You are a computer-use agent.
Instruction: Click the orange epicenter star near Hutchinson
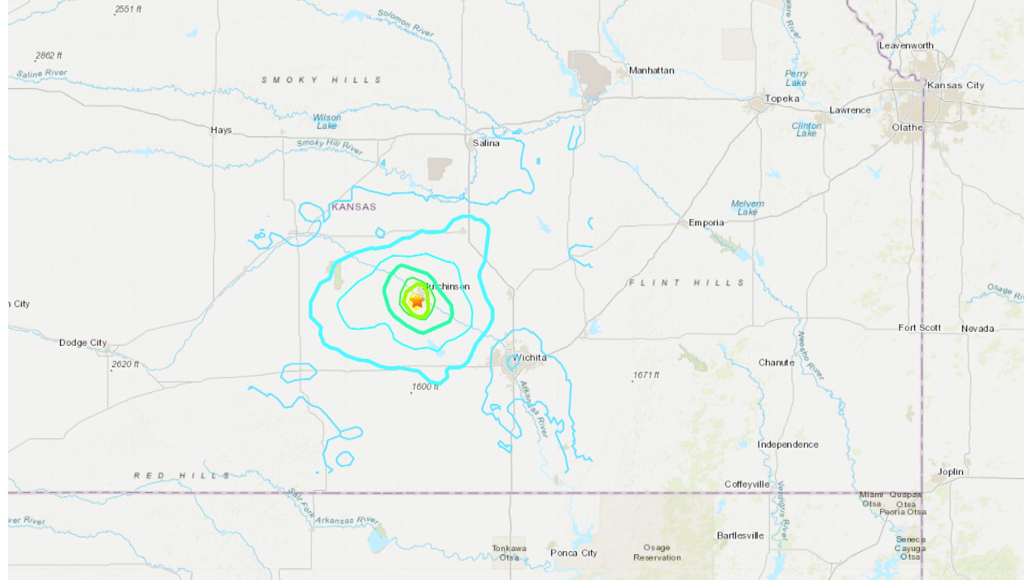coord(417,301)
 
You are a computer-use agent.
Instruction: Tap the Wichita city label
coord(530,358)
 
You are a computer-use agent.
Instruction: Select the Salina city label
coord(486,143)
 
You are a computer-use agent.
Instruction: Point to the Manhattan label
coord(651,70)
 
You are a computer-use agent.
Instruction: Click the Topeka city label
coord(782,99)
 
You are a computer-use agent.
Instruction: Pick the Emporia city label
coord(706,223)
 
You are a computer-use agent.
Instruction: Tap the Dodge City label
coord(83,343)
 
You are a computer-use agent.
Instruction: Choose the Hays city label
coord(221,130)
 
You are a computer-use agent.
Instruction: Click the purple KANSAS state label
coord(354,207)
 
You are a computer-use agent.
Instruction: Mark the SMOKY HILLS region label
coord(321,80)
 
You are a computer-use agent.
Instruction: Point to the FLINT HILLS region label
coord(687,282)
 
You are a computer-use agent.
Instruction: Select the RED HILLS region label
coord(182,476)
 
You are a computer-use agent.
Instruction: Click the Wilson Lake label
coord(327,121)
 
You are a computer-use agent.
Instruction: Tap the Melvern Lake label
coord(748,208)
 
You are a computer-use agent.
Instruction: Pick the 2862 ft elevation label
coord(48,55)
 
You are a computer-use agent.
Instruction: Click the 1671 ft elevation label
coord(646,375)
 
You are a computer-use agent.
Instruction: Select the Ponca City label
coord(574,553)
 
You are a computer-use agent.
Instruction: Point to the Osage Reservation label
coord(657,553)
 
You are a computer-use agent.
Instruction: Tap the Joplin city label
coord(950,472)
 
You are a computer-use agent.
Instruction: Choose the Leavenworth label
coord(906,46)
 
